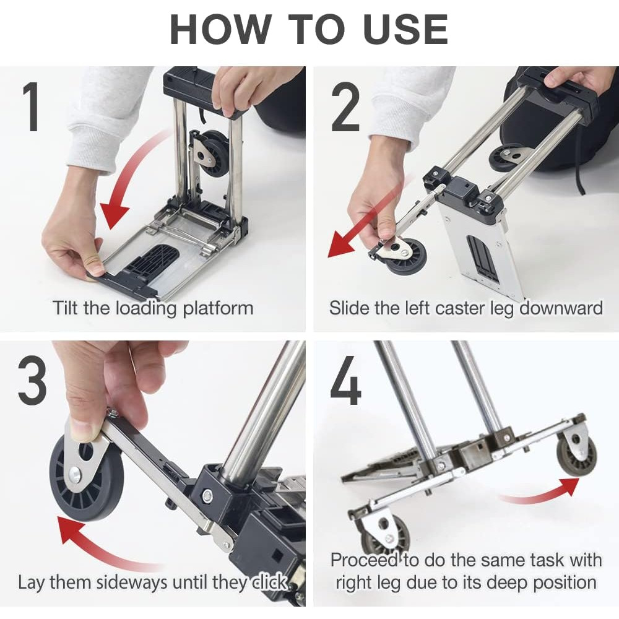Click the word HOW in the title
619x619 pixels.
[220, 30]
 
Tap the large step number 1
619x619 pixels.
[31, 106]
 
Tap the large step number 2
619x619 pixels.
[345, 106]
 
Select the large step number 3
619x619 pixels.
[32, 380]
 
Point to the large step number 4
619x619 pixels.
[345, 380]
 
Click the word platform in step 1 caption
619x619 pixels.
[218, 308]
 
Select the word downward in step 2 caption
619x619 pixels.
[561, 308]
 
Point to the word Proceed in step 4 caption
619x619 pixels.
[364, 560]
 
